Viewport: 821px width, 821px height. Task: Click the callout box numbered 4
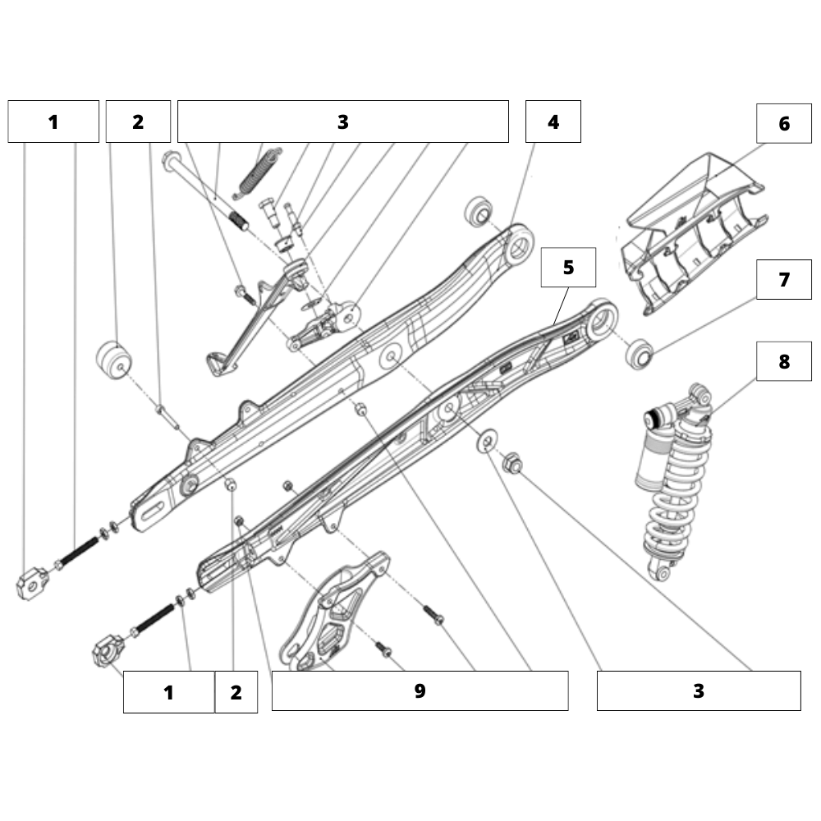pyautogui.click(x=553, y=122)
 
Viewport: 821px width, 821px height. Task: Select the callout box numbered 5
pyautogui.click(x=568, y=267)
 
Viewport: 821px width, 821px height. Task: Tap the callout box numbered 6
pyautogui.click(x=784, y=123)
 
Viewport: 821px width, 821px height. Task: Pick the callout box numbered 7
pyautogui.click(x=784, y=279)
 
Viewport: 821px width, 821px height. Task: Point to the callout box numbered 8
pyautogui.click(x=784, y=360)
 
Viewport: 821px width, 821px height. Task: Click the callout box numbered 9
pyautogui.click(x=420, y=690)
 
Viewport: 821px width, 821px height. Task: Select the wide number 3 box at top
pyautogui.click(x=342, y=122)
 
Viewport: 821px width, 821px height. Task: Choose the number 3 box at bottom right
pyautogui.click(x=698, y=690)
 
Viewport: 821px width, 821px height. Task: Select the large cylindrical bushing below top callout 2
pyautogui.click(x=114, y=360)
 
